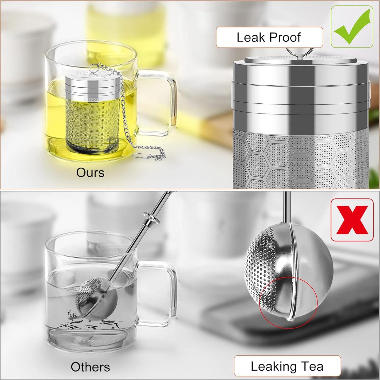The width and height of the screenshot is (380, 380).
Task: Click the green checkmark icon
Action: pyautogui.click(x=352, y=27)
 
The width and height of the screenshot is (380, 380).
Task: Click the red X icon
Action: pyautogui.click(x=352, y=220)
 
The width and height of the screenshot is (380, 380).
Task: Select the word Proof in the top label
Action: pyautogui.click(x=285, y=38)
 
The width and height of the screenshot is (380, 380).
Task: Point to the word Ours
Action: pyautogui.click(x=90, y=173)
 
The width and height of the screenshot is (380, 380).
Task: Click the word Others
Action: pyautogui.click(x=90, y=367)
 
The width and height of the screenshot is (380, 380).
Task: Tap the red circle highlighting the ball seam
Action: pyautogui.click(x=288, y=302)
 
